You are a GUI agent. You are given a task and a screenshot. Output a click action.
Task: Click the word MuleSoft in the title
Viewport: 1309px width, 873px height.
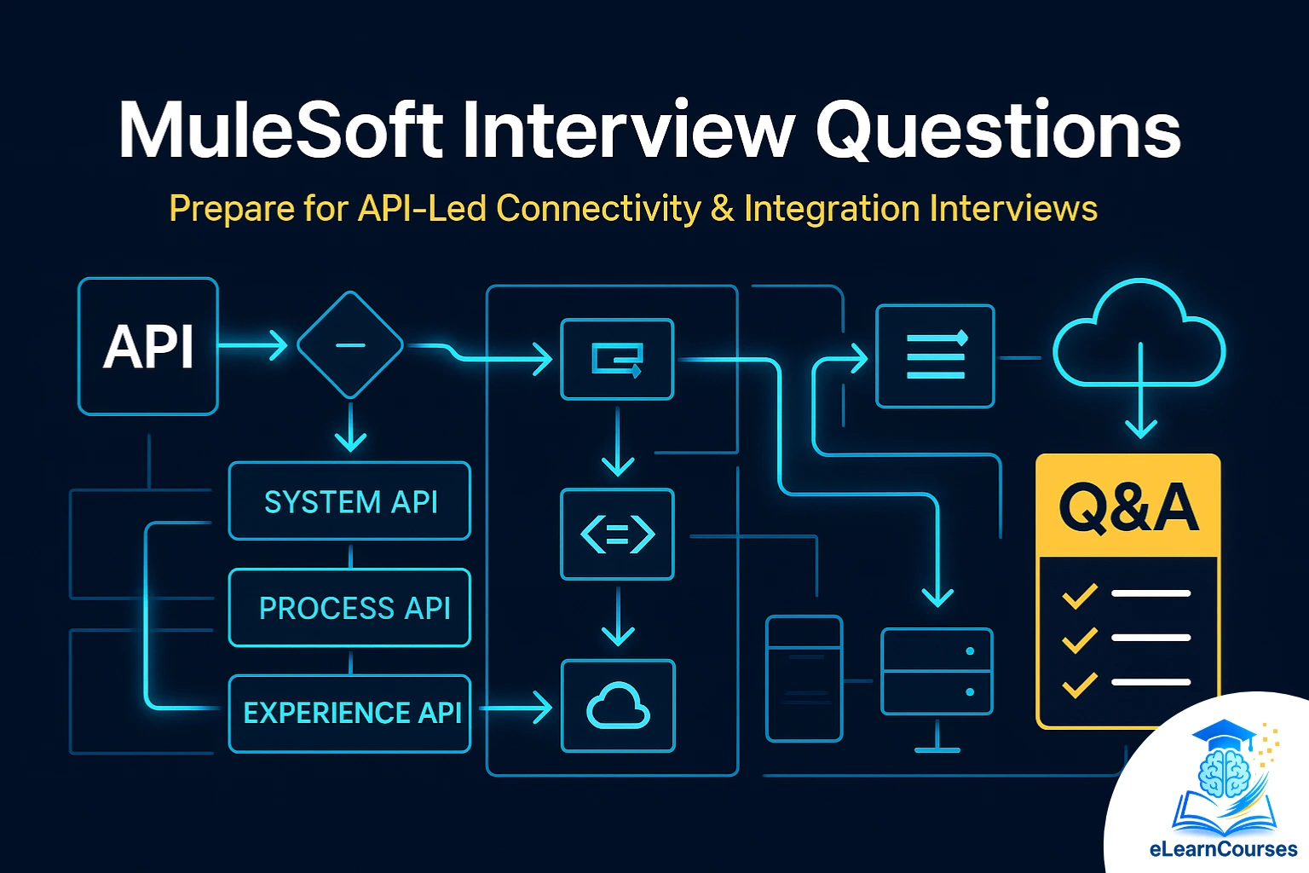click(x=281, y=130)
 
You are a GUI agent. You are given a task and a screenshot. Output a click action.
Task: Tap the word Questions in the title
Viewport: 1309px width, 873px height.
click(x=998, y=130)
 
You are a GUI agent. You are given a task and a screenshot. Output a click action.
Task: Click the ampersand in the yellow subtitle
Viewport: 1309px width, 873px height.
click(x=722, y=209)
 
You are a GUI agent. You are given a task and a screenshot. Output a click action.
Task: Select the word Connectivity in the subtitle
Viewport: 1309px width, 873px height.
click(x=598, y=209)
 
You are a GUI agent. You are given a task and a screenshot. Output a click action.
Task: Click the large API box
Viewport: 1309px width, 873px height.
click(x=148, y=347)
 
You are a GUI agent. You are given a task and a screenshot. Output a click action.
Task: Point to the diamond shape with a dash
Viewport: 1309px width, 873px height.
click(x=350, y=345)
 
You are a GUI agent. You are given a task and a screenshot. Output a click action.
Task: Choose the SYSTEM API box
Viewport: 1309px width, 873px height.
click(x=349, y=501)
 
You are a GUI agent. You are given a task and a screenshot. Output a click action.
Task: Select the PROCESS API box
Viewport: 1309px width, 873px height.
click(x=349, y=608)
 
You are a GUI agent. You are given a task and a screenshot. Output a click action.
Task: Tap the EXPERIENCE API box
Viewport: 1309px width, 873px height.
click(x=349, y=713)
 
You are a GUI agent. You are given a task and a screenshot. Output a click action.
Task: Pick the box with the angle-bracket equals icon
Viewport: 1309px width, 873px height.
click(x=617, y=535)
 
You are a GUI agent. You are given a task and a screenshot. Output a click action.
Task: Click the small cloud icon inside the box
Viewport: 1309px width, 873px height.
click(x=618, y=706)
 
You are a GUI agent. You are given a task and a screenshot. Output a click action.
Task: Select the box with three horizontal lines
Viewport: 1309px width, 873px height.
click(x=935, y=356)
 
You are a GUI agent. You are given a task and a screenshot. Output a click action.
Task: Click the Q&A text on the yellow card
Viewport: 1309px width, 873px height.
click(x=1128, y=508)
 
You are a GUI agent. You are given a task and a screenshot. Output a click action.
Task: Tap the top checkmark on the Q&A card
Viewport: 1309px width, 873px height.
click(x=1080, y=595)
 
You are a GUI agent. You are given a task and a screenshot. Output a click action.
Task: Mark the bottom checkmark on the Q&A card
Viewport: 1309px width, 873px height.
click(x=1080, y=684)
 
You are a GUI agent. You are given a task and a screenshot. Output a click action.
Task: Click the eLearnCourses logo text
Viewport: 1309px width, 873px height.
click(x=1223, y=849)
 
